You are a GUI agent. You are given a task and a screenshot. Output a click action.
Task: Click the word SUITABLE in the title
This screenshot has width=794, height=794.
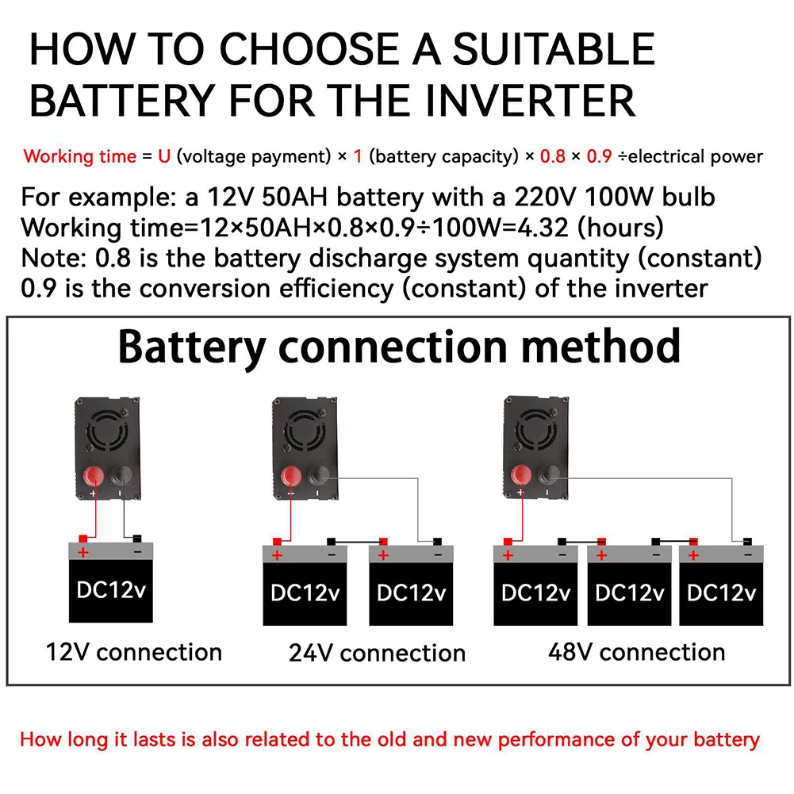[x=554, y=48]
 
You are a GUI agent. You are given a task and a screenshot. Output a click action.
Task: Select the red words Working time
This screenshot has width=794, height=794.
[x=80, y=156]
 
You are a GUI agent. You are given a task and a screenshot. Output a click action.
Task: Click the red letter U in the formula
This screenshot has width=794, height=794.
[x=164, y=156]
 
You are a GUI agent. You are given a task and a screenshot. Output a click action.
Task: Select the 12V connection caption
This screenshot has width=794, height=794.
[x=134, y=652]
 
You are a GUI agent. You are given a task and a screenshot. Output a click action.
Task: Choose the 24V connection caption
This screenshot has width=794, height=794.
[x=378, y=653]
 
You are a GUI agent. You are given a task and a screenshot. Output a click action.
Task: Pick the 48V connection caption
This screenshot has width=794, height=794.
[x=636, y=652]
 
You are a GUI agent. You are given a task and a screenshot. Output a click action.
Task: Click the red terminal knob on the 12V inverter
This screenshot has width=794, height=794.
[x=93, y=476]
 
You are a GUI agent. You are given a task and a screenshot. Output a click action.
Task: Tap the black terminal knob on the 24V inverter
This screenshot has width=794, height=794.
[x=318, y=475]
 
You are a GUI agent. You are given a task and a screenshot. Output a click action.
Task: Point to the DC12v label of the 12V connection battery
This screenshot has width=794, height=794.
[x=111, y=590]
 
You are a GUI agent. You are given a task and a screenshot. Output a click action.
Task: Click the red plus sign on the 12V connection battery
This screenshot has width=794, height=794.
[x=83, y=551]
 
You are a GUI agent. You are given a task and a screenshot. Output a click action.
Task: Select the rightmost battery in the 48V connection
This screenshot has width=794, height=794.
[x=721, y=585]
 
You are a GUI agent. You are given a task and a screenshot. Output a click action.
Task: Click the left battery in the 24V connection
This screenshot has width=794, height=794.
[x=305, y=585]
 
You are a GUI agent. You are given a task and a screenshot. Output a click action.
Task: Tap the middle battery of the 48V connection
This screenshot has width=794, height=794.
[x=630, y=585]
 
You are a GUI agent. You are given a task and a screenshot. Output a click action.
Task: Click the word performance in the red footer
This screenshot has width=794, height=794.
[x=556, y=740]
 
